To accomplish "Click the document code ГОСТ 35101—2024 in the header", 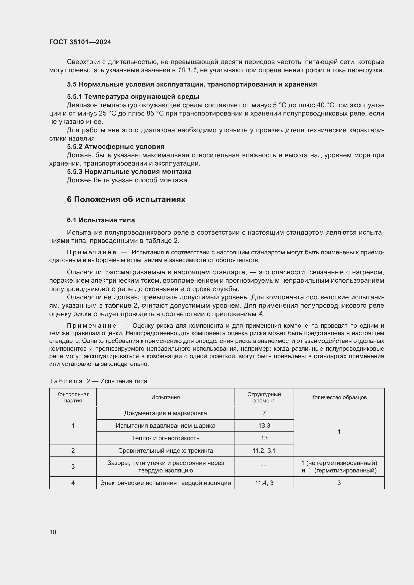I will tap(80, 42).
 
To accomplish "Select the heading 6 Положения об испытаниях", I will tap(126, 199).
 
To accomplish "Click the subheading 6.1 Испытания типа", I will tap(101, 220).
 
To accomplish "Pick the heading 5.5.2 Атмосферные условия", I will tap(115, 147).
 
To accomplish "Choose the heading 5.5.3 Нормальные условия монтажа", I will tap(129, 172).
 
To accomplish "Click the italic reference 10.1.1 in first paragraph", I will tap(187, 70).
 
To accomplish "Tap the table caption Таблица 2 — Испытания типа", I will tap(98, 381).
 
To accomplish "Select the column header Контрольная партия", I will tap(73, 397).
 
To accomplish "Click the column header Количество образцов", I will tap(339, 397).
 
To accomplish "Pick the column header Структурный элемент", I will tap(264, 397).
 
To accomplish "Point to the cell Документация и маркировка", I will tap(165, 413).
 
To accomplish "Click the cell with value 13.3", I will tap(264, 425).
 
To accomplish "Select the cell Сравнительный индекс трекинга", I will tap(165, 450).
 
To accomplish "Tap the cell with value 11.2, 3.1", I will tap(264, 450).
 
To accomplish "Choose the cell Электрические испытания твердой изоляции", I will tap(165, 483).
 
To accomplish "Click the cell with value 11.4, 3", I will tap(264, 483).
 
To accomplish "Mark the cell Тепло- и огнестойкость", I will tap(165, 438).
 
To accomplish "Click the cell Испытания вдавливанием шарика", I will tap(165, 425).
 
